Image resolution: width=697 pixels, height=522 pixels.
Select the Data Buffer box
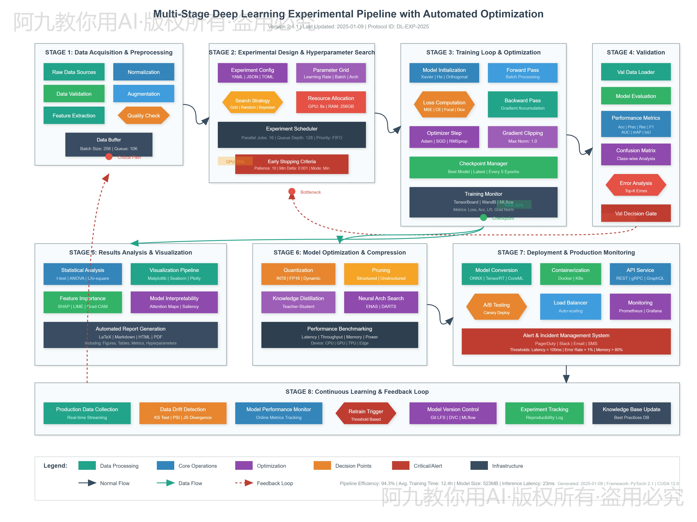(109, 144)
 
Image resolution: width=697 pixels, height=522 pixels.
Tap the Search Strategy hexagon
(252, 103)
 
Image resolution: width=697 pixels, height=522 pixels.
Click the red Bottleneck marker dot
(292, 191)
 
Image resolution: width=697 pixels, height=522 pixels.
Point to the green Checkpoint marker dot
(483, 217)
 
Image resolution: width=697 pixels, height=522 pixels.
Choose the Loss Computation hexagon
(444, 105)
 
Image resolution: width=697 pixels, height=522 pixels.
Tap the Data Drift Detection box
(183, 413)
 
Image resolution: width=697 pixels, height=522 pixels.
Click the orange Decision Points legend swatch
(322, 466)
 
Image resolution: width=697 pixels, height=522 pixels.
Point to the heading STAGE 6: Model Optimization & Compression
(339, 252)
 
